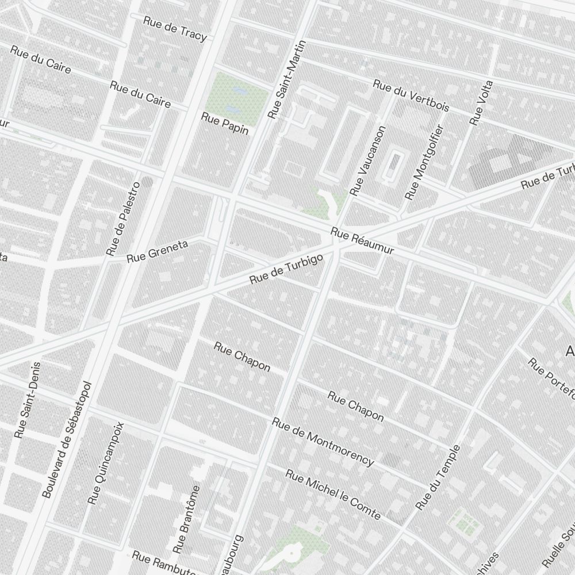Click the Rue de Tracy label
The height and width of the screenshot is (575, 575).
pos(175,28)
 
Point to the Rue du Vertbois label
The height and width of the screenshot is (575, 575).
pos(411,95)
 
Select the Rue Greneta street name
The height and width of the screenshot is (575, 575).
pos(158,251)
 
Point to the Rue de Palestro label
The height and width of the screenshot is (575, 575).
pos(123,218)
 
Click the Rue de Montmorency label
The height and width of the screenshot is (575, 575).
pos(323,441)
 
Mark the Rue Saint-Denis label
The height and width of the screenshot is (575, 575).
pos(29,400)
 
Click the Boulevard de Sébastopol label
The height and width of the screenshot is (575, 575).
pos(67,440)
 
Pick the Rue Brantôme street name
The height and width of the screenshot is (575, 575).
pos(189,517)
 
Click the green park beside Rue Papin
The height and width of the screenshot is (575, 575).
pos(237,95)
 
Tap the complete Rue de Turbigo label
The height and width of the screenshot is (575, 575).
pos(287,269)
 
